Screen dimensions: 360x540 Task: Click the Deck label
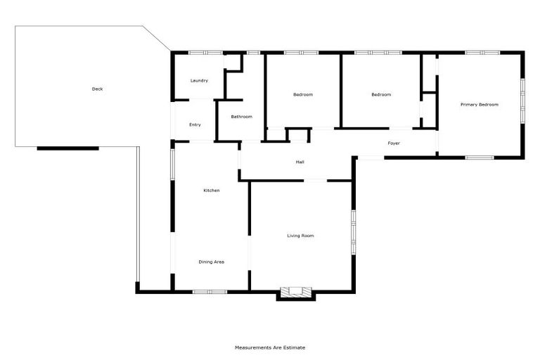(x=98, y=89)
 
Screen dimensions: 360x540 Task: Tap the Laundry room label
(x=199, y=81)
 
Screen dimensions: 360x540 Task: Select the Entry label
(x=195, y=125)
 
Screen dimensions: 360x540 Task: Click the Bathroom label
(x=241, y=117)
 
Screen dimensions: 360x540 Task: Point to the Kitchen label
(x=212, y=191)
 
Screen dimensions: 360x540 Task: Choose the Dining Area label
(x=211, y=262)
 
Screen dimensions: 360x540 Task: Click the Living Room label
(x=300, y=236)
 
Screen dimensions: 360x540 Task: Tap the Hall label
(x=300, y=162)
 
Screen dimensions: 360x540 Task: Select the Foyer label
(x=394, y=143)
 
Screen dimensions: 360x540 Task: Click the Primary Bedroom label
(x=480, y=105)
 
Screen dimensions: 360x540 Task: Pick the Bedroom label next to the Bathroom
(x=303, y=95)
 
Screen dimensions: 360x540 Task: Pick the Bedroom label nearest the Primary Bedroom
(x=381, y=95)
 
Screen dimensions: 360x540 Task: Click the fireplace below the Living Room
(x=296, y=292)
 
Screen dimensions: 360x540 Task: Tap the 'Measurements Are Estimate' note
(x=270, y=347)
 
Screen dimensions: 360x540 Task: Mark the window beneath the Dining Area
(x=210, y=291)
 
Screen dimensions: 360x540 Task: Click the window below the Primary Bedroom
(x=480, y=157)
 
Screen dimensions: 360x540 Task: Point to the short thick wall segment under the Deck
(x=67, y=148)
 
